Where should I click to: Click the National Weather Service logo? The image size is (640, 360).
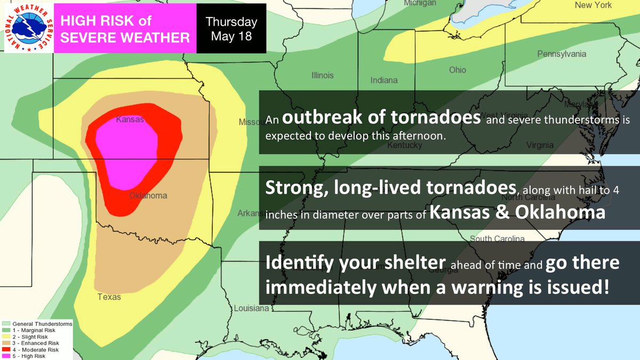(x=28, y=28)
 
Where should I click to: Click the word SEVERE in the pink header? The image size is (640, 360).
(x=89, y=37)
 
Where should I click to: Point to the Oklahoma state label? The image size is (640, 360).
(x=148, y=196)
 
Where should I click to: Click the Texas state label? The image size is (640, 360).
(x=109, y=297)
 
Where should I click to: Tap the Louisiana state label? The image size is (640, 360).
(x=251, y=309)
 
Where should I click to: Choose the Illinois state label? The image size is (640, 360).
(x=322, y=75)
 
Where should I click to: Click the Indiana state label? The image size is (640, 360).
(x=384, y=80)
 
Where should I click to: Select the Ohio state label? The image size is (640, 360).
(x=457, y=70)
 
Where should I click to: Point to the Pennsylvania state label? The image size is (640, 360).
(x=562, y=54)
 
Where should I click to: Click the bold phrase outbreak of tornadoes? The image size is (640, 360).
(x=382, y=117)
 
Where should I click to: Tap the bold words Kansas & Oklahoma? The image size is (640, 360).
(x=517, y=212)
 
